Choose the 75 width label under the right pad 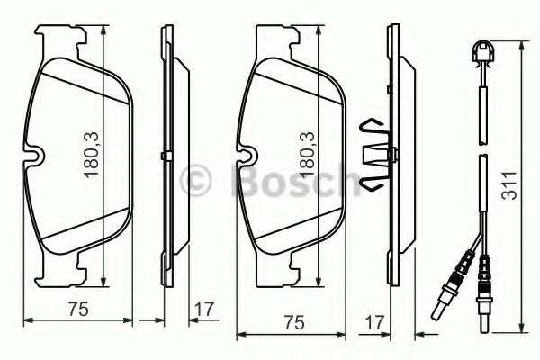point(292,322)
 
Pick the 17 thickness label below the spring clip point(376,322)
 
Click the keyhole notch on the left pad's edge point(35,157)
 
